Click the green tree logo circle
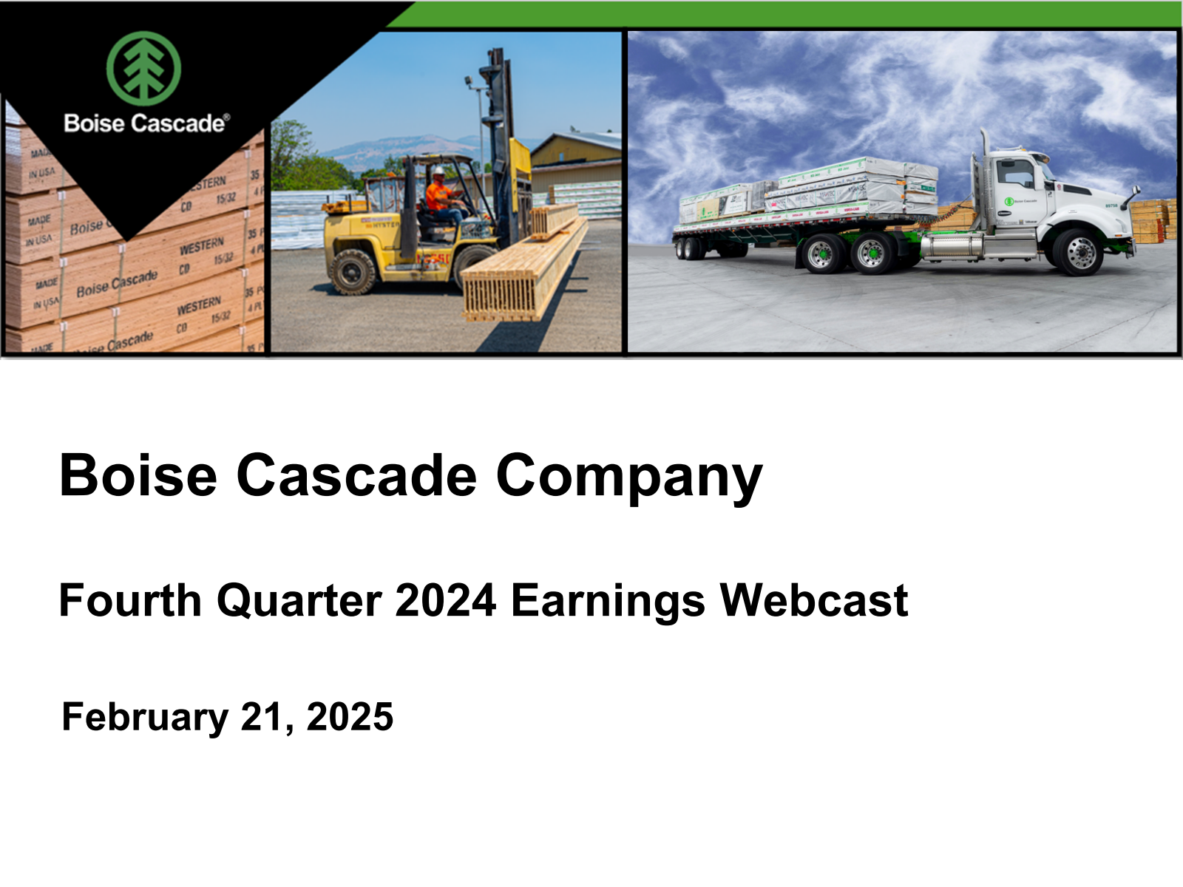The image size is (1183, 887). click(x=143, y=68)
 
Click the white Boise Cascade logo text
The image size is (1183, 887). click(x=146, y=123)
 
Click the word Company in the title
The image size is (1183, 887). click(x=628, y=477)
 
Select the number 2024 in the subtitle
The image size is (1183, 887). click(x=445, y=600)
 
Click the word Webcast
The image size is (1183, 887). click(x=813, y=600)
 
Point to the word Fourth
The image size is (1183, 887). click(x=129, y=600)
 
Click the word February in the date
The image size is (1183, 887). click(x=145, y=718)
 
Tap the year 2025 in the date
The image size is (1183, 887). click(x=350, y=717)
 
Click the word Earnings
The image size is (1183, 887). click(x=608, y=602)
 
